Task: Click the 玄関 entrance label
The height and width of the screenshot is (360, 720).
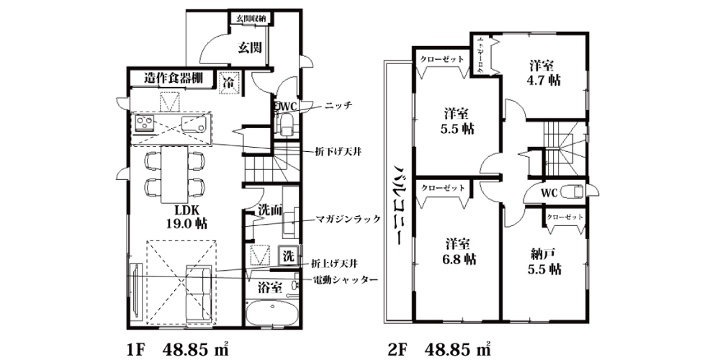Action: point(250,48)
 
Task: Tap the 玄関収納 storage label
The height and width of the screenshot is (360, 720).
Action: point(252,19)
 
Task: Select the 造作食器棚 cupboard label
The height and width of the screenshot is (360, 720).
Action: point(173,77)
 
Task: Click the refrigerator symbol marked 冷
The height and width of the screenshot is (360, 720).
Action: point(229,83)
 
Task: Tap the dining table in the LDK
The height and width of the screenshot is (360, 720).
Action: point(174,174)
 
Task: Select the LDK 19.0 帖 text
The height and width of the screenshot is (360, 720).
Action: point(186,217)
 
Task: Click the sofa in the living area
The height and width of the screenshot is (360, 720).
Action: point(199,294)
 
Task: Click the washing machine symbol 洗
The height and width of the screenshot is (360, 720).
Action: point(288,256)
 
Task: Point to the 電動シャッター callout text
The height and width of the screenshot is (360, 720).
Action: point(346,279)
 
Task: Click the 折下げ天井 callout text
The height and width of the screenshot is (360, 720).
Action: point(336,150)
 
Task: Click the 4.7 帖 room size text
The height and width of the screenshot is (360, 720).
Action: point(544,81)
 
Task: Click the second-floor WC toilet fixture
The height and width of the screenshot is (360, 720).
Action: point(572,191)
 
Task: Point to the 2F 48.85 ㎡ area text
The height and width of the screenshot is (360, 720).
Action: point(439,349)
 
